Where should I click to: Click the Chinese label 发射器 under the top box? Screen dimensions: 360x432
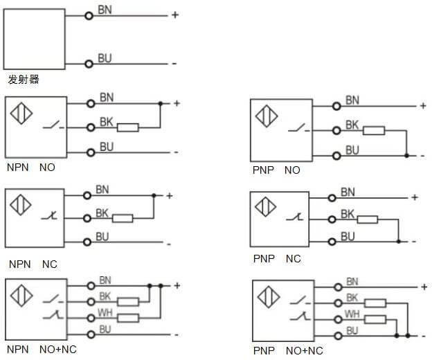[24, 80]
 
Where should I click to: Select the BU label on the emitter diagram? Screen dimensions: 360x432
[105, 59]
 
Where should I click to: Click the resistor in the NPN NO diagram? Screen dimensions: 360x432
[128, 127]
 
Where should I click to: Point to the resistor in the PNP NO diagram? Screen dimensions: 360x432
[374, 130]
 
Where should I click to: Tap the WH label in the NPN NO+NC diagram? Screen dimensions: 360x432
[105, 313]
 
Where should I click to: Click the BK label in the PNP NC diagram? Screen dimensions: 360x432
[348, 215]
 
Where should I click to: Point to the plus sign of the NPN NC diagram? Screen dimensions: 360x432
[168, 195]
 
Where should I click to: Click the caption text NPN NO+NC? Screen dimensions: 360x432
[42, 350]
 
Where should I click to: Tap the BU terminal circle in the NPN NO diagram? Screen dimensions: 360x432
[90, 152]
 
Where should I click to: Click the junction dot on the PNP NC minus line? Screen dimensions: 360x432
[399, 242]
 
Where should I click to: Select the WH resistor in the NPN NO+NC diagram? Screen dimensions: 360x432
[128, 318]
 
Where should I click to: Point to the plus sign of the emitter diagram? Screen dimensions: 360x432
[174, 15]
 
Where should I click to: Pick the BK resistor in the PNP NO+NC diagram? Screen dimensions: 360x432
[375, 303]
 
